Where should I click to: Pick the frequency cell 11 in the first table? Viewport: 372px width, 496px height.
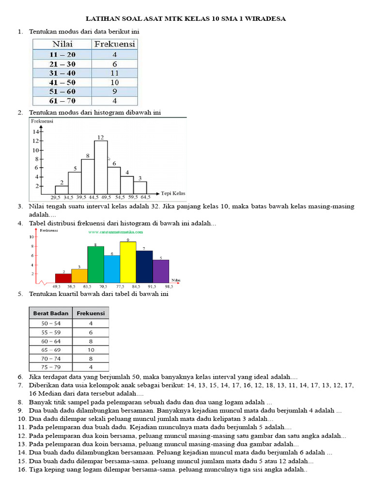click(114, 73)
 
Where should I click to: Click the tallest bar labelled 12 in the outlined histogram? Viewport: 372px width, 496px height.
click(101, 167)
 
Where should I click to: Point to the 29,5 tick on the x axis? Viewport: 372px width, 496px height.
click(55, 198)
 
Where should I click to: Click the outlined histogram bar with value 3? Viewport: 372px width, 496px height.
click(139, 188)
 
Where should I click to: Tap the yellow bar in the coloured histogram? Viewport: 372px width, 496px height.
click(128, 262)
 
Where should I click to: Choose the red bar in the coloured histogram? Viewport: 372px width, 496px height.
click(63, 278)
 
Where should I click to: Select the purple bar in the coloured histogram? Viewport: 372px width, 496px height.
click(161, 271)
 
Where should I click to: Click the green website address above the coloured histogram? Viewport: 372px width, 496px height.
click(112, 232)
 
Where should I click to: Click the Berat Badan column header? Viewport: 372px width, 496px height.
click(51, 313)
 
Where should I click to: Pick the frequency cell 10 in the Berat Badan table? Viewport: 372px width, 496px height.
click(91, 349)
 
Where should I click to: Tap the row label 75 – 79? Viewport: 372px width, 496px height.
click(51, 367)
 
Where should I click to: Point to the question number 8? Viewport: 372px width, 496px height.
click(20, 402)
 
